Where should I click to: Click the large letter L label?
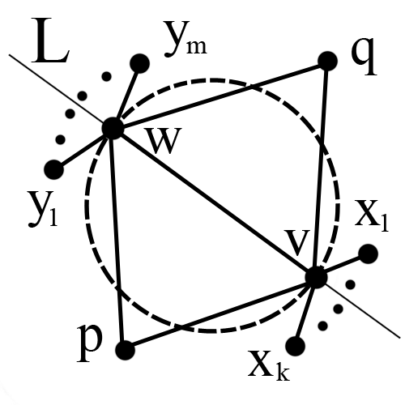(50, 40)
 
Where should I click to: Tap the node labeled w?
(113, 129)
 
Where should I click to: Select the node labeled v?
(316, 277)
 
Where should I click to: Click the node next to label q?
(327, 62)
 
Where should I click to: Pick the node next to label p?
(125, 350)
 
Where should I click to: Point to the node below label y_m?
(139, 63)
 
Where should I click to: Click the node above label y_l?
(54, 169)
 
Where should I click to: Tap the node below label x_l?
(368, 254)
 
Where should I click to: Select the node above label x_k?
(295, 346)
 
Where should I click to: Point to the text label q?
(364, 56)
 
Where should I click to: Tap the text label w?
(164, 140)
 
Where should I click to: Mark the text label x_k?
(269, 364)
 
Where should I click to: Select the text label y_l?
(42, 209)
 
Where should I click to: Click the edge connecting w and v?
(215, 203)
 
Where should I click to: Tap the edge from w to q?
(220, 95)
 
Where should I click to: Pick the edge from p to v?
(220, 313)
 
